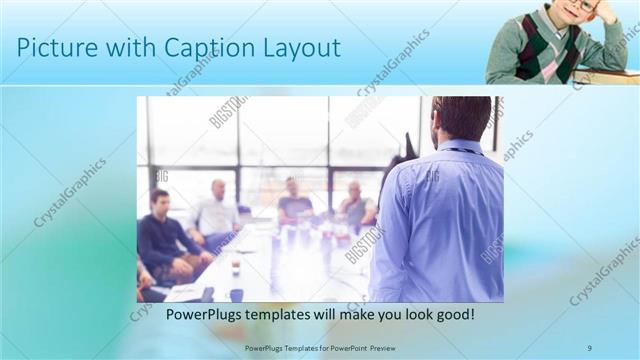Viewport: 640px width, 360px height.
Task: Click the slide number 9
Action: (590, 347)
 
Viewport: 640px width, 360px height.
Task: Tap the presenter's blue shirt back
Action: (440, 220)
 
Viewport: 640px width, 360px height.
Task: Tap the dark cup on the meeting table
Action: (236, 294)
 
